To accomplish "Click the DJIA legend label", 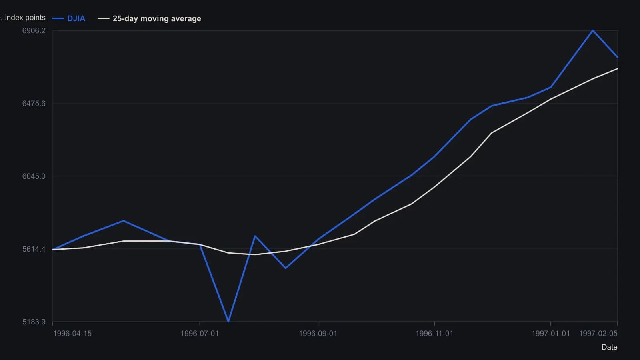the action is pyautogui.click(x=76, y=18).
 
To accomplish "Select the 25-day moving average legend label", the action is pyautogui.click(x=157, y=18).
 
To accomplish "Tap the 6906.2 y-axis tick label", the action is pyautogui.click(x=34, y=30).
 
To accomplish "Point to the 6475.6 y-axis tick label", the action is pyautogui.click(x=34, y=104).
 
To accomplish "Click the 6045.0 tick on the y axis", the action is pyautogui.click(x=34, y=176).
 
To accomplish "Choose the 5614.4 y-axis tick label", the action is pyautogui.click(x=34, y=249).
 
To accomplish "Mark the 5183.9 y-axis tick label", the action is pyautogui.click(x=34, y=322).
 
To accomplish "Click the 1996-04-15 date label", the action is pyautogui.click(x=72, y=334).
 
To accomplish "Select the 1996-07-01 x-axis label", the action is pyautogui.click(x=200, y=334).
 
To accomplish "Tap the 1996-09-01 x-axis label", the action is pyautogui.click(x=318, y=334).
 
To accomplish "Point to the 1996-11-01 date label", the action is pyautogui.click(x=434, y=334).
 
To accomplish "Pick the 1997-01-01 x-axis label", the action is pyautogui.click(x=550, y=334).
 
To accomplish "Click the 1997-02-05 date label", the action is pyautogui.click(x=598, y=334).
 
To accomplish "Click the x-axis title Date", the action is pyautogui.click(x=610, y=347).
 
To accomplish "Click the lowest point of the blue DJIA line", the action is pyautogui.click(x=228, y=322).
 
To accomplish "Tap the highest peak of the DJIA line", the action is pyautogui.click(x=593, y=30).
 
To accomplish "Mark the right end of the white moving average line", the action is pyautogui.click(x=618, y=68).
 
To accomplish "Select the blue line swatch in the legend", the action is pyautogui.click(x=58, y=18).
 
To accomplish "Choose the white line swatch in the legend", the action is pyautogui.click(x=104, y=18).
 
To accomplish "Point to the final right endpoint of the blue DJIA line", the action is pyautogui.click(x=618, y=58).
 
